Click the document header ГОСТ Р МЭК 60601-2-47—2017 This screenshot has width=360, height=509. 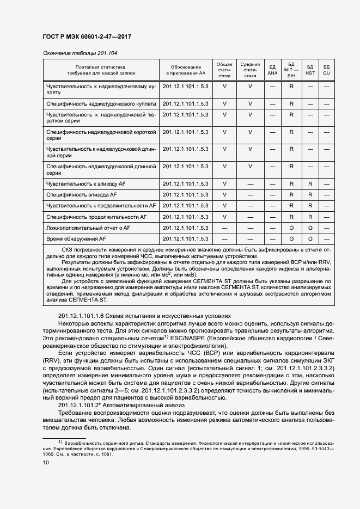click(87, 37)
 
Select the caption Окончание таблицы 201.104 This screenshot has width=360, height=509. click(80, 53)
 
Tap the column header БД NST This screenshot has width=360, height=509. click(310, 70)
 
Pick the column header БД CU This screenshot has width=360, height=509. click(326, 70)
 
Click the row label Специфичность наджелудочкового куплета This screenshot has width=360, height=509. click(101, 103)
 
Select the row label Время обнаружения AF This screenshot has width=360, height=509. click(76, 238)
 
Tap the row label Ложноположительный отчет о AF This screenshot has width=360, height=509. click(88, 228)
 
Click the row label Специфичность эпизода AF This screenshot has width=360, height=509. click(82, 194)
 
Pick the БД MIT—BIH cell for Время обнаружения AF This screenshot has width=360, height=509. click(291, 238)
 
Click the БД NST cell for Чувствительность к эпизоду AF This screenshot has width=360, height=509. click(310, 183)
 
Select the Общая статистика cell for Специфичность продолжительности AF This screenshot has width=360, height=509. click(224, 217)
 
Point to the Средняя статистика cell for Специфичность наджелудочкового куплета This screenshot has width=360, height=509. click(250, 103)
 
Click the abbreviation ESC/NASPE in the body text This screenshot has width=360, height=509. click(194, 338)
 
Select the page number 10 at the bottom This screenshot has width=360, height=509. click(46, 462)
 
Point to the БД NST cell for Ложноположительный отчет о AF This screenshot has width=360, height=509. click(310, 228)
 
